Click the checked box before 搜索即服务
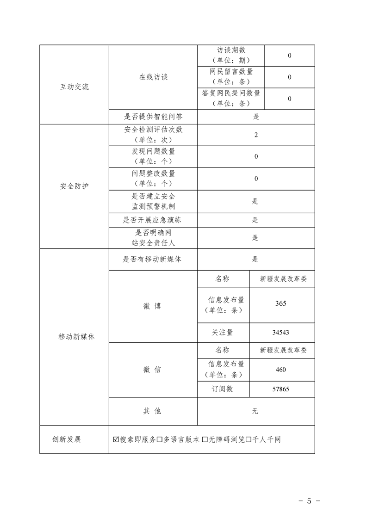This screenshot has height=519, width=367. pos(116,439)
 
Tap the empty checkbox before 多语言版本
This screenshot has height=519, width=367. pos(159,439)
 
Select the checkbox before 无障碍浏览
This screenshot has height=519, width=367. pos(205,439)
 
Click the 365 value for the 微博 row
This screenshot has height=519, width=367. pos(280,303)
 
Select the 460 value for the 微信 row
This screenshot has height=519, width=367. pos(280,369)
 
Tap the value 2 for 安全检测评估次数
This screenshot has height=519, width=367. pos(256,135)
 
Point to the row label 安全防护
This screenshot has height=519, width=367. pos(74,186)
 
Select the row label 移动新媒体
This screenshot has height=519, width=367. pos(74,337)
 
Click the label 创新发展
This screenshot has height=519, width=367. pos(67,439)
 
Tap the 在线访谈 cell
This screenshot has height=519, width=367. pos(153,77)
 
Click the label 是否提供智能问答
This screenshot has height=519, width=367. pos(153,117)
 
